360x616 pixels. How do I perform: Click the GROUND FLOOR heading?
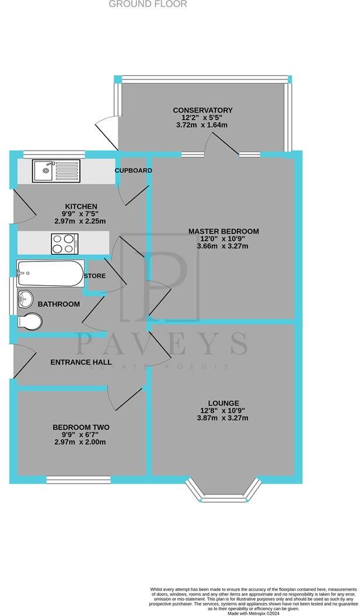148,4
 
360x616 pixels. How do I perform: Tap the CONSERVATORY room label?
202,110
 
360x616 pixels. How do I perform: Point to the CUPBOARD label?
133,170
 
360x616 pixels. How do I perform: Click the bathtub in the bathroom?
51,274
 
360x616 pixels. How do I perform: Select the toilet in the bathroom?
30,322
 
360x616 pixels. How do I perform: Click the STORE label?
95,276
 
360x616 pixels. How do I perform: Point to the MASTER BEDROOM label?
223,232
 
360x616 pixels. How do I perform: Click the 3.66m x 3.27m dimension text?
223,246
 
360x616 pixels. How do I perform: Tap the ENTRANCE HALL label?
81,362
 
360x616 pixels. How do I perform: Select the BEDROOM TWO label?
81,428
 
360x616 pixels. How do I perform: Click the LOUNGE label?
223,403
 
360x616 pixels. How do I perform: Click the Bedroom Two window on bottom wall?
78,480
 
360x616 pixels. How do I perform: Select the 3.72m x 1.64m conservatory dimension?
202,125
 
